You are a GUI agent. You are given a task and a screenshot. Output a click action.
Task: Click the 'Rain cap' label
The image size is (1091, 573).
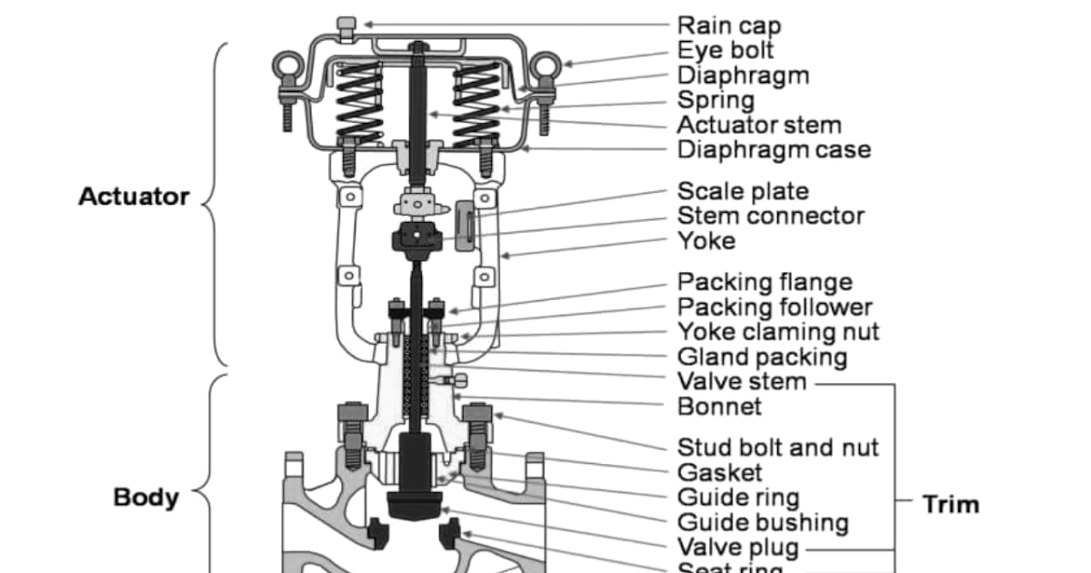tap(729, 25)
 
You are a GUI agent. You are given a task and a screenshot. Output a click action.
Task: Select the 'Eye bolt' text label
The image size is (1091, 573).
tap(726, 50)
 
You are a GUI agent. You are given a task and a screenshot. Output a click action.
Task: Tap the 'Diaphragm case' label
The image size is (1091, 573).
tap(774, 149)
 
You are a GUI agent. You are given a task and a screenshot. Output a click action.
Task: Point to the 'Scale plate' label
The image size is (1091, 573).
tap(743, 192)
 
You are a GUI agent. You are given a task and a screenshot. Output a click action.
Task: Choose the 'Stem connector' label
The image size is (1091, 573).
tap(771, 216)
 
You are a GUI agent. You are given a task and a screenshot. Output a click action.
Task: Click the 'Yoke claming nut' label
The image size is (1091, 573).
tap(778, 332)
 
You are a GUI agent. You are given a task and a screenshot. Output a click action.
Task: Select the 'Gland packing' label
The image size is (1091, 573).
tap(762, 357)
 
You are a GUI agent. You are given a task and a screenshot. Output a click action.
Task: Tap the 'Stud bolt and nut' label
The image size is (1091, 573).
tap(778, 447)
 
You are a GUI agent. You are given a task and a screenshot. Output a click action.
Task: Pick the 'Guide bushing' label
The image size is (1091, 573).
tap(763, 523)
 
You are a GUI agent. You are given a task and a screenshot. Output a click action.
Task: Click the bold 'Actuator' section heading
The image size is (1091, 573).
tap(134, 196)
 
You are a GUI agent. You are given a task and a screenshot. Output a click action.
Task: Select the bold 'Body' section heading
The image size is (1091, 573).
tap(145, 498)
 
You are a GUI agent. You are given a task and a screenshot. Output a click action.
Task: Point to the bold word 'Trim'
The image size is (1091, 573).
tap(951, 504)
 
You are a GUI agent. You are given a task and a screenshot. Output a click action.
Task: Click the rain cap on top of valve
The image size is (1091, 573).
tap(345, 25)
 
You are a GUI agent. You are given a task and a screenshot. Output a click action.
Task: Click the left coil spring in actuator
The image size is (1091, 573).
tap(360, 102)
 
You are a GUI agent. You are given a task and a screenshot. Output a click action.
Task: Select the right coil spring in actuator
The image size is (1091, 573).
tap(475, 102)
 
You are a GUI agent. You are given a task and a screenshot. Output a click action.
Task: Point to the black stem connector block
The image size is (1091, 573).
tap(415, 239)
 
